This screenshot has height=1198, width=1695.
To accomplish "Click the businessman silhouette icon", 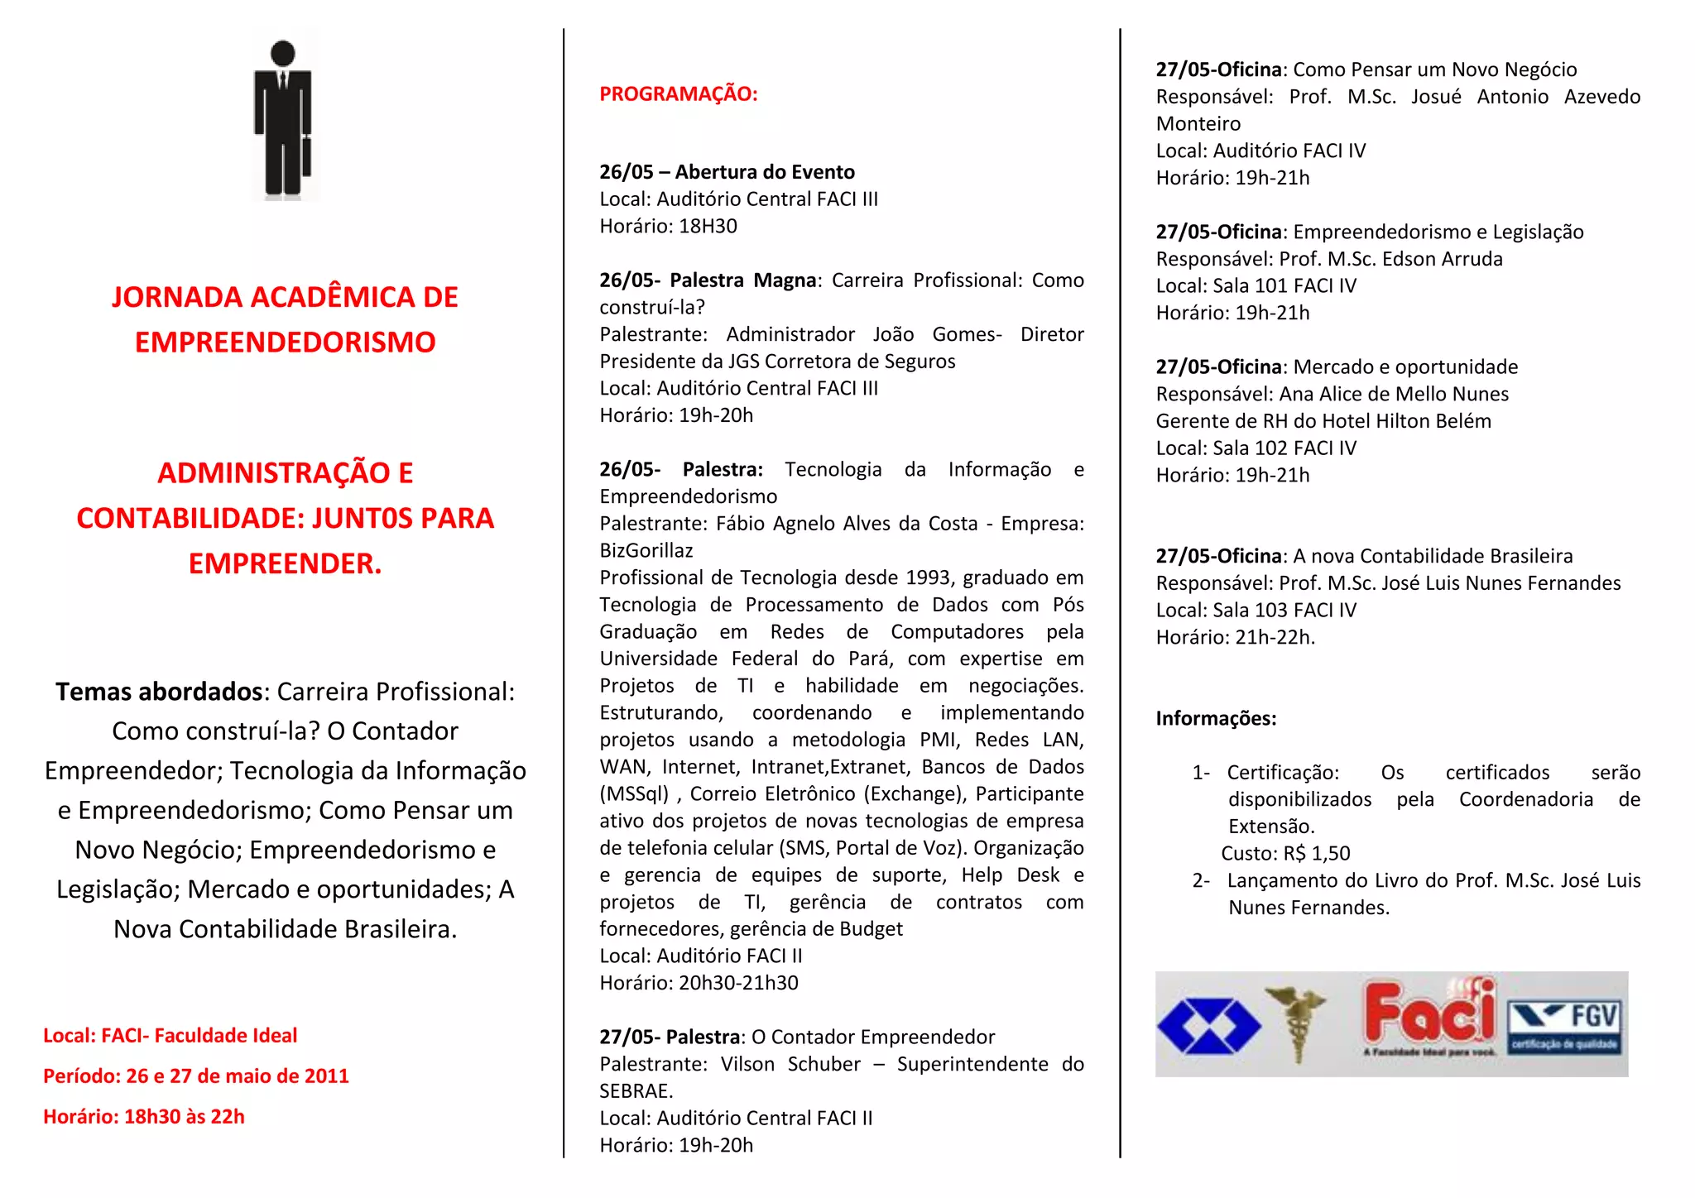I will (x=283, y=116).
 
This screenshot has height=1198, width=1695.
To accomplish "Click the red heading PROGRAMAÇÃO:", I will (x=678, y=94).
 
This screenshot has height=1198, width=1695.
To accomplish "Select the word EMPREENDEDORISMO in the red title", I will (x=285, y=343).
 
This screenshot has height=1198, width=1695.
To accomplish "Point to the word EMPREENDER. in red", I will (x=285, y=564).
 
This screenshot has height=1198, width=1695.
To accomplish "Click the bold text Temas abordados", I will (x=158, y=692).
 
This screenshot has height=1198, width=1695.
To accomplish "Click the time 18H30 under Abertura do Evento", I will (x=708, y=227).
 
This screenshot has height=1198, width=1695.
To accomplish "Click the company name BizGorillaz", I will (x=646, y=551).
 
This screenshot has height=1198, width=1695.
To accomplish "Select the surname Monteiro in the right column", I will (x=1198, y=124).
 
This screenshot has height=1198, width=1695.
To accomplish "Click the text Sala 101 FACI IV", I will (x=1284, y=286).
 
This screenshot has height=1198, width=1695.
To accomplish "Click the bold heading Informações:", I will (x=1216, y=719).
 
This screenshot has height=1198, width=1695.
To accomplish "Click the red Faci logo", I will (x=1430, y=1014).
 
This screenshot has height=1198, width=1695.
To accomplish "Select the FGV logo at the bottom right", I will (x=1564, y=1026).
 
